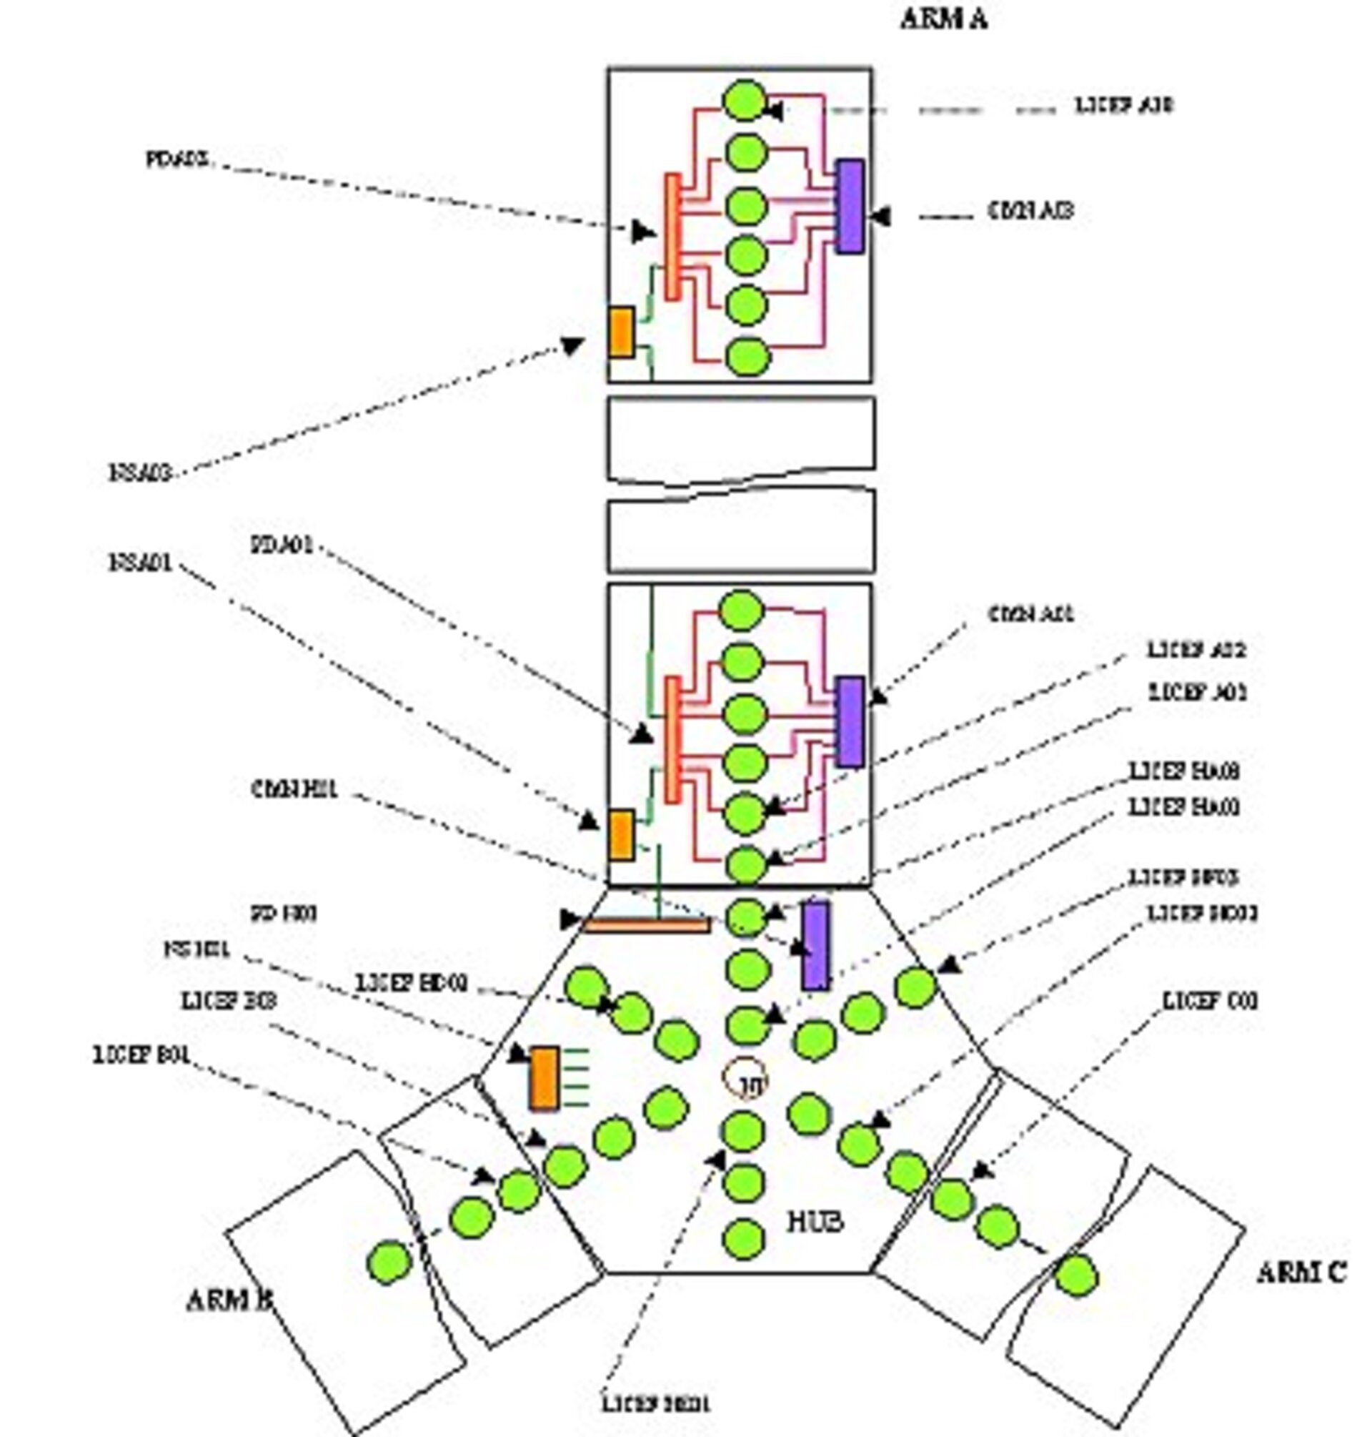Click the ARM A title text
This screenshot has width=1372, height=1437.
pyautogui.click(x=943, y=19)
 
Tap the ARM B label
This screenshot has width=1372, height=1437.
pyautogui.click(x=229, y=1300)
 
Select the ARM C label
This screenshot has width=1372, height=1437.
pyautogui.click(x=1301, y=1273)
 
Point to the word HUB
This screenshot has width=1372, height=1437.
pyautogui.click(x=815, y=1221)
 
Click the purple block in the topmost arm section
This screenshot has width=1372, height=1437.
pyautogui.click(x=850, y=206)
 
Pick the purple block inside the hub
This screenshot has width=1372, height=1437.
pyautogui.click(x=816, y=945)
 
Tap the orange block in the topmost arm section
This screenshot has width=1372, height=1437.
pyautogui.click(x=622, y=332)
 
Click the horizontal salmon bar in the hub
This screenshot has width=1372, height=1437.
pyautogui.click(x=647, y=926)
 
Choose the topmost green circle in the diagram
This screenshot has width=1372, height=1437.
pyautogui.click(x=745, y=100)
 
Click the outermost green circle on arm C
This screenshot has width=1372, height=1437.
pyautogui.click(x=1076, y=1276)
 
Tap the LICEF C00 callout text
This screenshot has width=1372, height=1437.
pyautogui.click(x=1211, y=1001)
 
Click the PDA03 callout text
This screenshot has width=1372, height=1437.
pyautogui.click(x=178, y=159)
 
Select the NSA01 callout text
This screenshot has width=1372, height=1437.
pyautogui.click(x=141, y=563)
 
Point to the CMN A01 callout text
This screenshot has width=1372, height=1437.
pyautogui.click(x=1031, y=614)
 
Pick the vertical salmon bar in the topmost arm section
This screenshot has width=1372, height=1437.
pyautogui.click(x=672, y=236)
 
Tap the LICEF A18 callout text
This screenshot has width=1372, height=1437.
pyautogui.click(x=1123, y=105)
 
